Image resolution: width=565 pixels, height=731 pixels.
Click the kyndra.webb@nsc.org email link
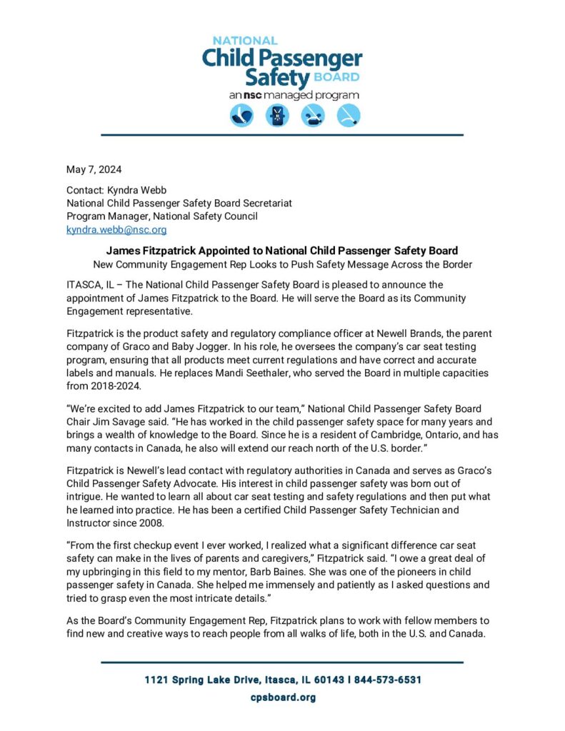pos(116,230)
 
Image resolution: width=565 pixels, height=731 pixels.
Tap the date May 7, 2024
pos(94,169)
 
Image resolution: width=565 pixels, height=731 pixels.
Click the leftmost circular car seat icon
pos(241,116)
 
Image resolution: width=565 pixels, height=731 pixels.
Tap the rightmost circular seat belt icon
pos(349,116)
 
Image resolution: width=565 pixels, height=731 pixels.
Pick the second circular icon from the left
pos(277,116)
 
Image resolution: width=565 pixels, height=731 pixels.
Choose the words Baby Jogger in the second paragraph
pos(178,347)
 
